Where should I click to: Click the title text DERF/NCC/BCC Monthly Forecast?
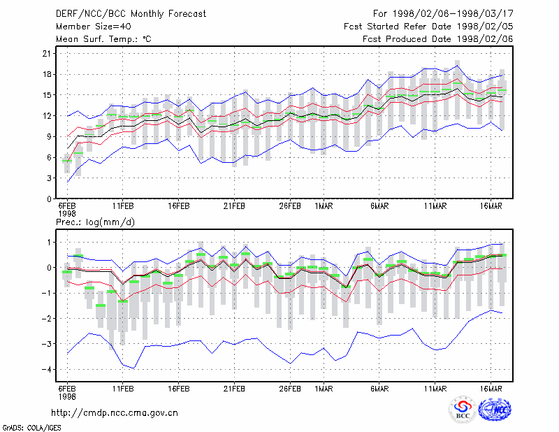131,14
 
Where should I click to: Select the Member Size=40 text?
94,27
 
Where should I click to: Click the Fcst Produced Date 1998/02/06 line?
438,39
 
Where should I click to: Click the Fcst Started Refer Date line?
428,27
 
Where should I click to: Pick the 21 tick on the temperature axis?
47,54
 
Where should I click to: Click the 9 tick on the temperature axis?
49,136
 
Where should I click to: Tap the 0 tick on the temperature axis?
49,199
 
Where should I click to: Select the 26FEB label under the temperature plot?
290,206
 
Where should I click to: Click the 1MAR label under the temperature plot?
324,206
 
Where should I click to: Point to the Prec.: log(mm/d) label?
95,222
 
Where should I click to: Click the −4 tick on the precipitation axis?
46,369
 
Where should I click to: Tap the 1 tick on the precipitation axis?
50,243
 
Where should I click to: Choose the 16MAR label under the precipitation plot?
491,389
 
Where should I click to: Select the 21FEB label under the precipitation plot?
234,389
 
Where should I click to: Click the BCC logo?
463,410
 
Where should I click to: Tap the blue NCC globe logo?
495,410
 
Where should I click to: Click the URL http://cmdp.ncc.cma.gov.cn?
115,413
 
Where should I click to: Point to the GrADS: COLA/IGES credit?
31,428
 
